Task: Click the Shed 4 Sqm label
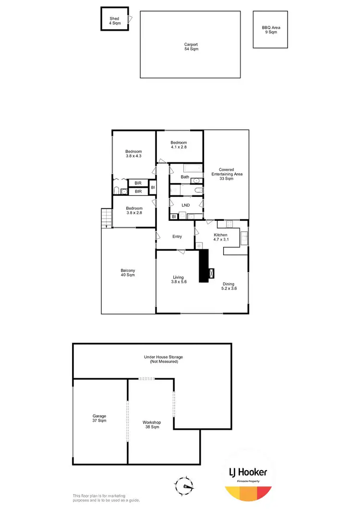click(x=114, y=21)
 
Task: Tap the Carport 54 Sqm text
click(x=191, y=47)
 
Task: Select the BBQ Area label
click(x=271, y=30)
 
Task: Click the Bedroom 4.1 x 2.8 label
click(x=179, y=145)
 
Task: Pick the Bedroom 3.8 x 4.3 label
click(x=134, y=152)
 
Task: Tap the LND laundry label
click(x=185, y=205)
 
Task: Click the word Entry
click(x=177, y=236)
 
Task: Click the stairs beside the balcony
click(x=106, y=219)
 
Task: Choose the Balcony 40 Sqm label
click(x=128, y=273)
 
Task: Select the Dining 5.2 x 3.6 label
click(x=228, y=286)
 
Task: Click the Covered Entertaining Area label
click(x=226, y=174)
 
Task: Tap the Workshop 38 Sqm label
click(x=151, y=424)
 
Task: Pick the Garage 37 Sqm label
click(x=99, y=418)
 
